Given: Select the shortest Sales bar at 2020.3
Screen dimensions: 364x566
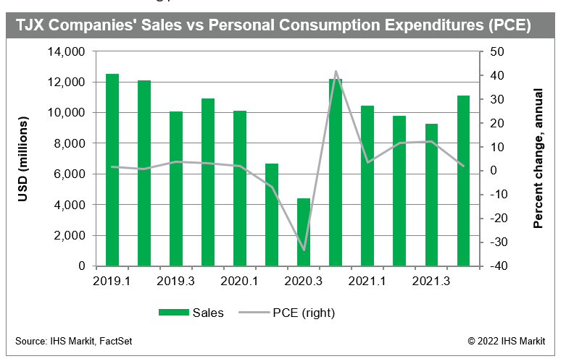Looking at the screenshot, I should click(304, 232).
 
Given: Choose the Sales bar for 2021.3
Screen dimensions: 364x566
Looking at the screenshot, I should click(431, 195).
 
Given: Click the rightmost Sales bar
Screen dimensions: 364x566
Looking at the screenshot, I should click(463, 181).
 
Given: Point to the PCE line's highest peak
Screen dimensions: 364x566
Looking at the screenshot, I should click(336, 72).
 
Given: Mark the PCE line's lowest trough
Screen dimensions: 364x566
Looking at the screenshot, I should click(304, 250).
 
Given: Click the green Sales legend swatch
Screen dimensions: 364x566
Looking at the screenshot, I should click(173, 313).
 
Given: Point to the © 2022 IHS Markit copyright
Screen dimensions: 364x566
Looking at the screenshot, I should click(510, 340).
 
